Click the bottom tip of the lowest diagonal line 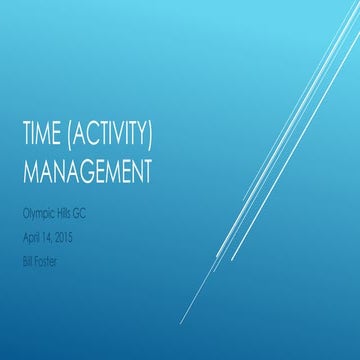181,322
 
